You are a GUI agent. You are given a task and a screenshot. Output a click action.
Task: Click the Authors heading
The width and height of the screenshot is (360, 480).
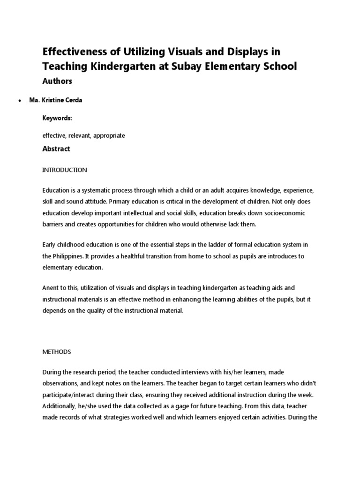coord(57,81)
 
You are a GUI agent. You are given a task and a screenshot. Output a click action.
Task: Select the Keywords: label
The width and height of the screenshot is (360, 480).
coord(57,119)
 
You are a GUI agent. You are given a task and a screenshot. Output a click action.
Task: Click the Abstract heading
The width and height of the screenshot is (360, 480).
coord(56,149)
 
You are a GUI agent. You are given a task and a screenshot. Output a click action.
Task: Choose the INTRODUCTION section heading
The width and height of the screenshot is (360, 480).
coord(64,170)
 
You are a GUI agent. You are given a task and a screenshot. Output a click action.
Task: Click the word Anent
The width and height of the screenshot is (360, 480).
coord(51,288)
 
